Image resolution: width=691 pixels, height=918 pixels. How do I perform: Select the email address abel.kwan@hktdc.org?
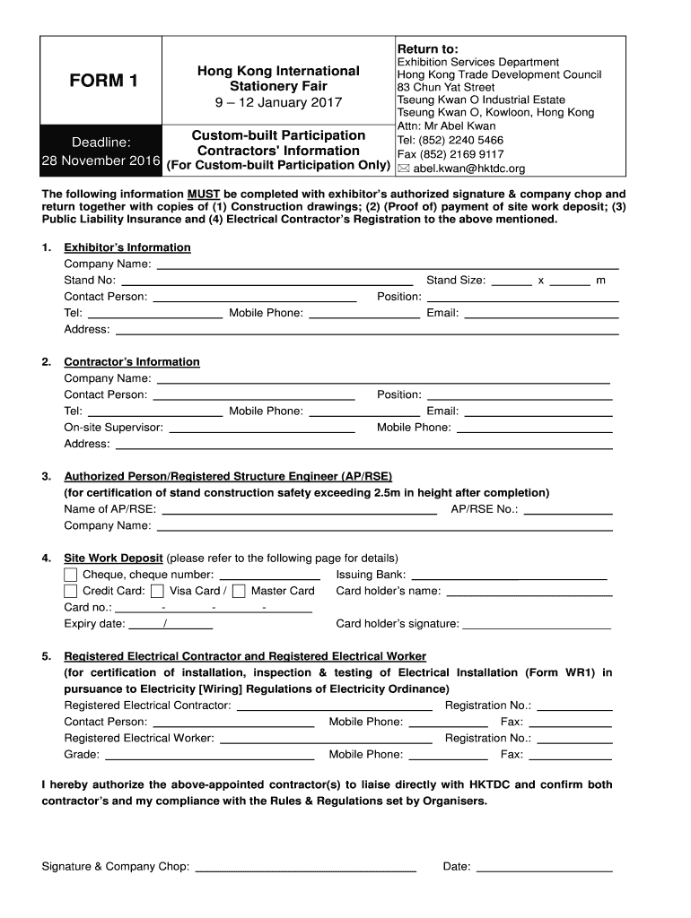[x=468, y=168]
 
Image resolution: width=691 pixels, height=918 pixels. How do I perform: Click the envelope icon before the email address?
[x=403, y=168]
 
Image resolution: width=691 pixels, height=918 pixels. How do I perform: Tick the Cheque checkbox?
[x=71, y=575]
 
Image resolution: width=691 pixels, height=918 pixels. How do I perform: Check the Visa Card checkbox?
[x=157, y=591]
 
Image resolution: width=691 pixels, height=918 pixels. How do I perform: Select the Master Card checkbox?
[x=239, y=591]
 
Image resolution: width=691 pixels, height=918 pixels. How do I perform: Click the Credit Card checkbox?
[x=71, y=591]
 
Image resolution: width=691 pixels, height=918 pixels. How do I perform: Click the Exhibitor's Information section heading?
[x=127, y=247]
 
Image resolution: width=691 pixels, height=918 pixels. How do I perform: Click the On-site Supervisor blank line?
[x=262, y=431]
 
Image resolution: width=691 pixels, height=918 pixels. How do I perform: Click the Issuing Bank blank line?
[x=508, y=578]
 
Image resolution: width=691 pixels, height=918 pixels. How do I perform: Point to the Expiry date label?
[x=94, y=624]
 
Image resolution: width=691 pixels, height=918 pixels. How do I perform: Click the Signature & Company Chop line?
[x=305, y=870]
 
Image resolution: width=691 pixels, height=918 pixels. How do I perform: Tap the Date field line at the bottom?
[x=544, y=870]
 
